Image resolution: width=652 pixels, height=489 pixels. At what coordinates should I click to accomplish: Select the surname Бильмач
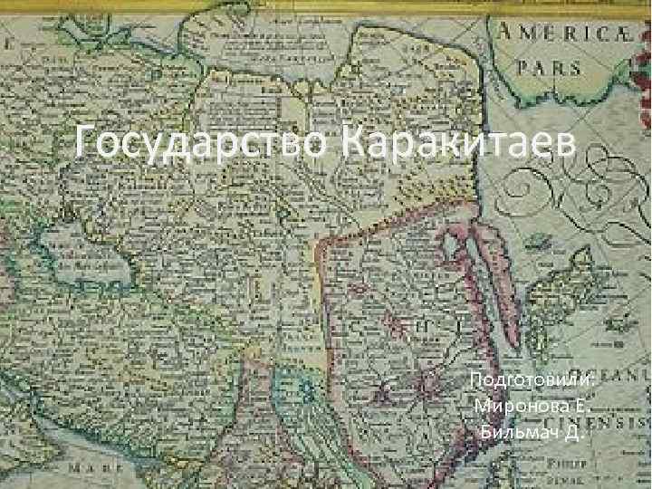pos(521,429)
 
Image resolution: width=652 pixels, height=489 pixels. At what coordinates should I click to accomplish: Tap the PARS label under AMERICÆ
pos(548,68)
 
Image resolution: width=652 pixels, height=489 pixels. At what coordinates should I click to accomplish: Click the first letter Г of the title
pos(86,141)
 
